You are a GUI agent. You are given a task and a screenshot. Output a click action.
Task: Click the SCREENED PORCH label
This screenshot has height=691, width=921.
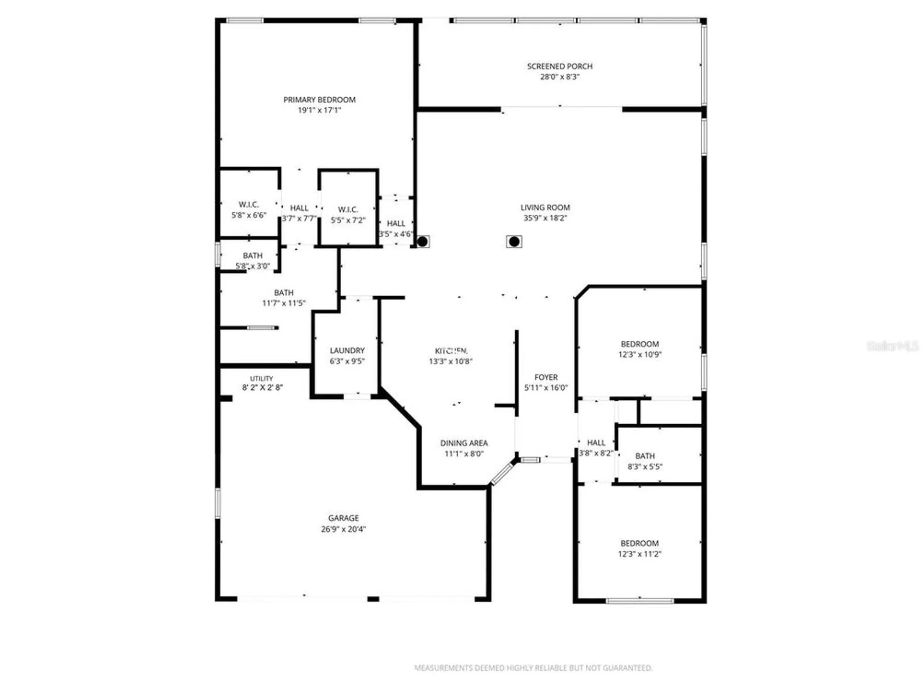pyautogui.click(x=560, y=66)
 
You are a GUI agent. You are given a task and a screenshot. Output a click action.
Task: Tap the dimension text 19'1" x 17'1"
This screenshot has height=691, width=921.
pyautogui.click(x=319, y=110)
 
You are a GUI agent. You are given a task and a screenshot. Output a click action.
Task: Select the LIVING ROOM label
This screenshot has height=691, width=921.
pyautogui.click(x=545, y=208)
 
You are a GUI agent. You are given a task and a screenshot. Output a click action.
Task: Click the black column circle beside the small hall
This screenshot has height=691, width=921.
pyautogui.click(x=423, y=241)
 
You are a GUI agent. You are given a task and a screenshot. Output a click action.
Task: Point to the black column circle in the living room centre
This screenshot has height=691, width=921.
pyautogui.click(x=514, y=241)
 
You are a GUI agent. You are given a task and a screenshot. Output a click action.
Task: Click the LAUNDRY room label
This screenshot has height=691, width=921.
pyautogui.click(x=347, y=351)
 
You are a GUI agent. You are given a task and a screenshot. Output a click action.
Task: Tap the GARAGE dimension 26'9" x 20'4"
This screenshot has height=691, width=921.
pyautogui.click(x=344, y=529)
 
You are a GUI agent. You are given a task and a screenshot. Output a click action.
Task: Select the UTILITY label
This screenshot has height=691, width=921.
pyautogui.click(x=262, y=378)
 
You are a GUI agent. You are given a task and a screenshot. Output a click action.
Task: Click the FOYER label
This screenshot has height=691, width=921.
pyautogui.click(x=546, y=377)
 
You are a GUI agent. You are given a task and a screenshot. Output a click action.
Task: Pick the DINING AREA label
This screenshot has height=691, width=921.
pyautogui.click(x=464, y=443)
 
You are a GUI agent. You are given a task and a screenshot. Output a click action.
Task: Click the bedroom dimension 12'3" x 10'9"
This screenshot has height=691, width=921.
pyautogui.click(x=640, y=355)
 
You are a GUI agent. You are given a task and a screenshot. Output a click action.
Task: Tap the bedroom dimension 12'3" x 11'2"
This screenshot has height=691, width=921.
pyautogui.click(x=640, y=554)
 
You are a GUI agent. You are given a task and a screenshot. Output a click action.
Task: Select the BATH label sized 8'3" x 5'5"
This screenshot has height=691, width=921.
pyautogui.click(x=645, y=456)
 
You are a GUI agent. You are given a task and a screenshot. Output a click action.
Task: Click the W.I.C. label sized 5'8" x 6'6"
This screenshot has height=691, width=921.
pyautogui.click(x=249, y=205)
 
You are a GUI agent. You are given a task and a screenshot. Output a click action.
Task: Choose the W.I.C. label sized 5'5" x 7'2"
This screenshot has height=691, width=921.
pyautogui.click(x=348, y=210)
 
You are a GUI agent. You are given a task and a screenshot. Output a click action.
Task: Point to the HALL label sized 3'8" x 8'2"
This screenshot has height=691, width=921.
pyautogui.click(x=596, y=443)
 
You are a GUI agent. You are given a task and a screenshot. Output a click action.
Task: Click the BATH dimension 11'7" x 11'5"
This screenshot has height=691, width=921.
pyautogui.click(x=284, y=303)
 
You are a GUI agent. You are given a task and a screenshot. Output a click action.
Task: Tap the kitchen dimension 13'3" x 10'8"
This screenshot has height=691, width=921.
pyautogui.click(x=451, y=362)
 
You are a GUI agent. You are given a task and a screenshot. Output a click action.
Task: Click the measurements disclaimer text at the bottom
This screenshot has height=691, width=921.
pyautogui.click(x=533, y=668)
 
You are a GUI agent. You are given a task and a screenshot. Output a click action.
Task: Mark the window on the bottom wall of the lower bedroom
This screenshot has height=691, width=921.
pyautogui.click(x=640, y=601)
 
